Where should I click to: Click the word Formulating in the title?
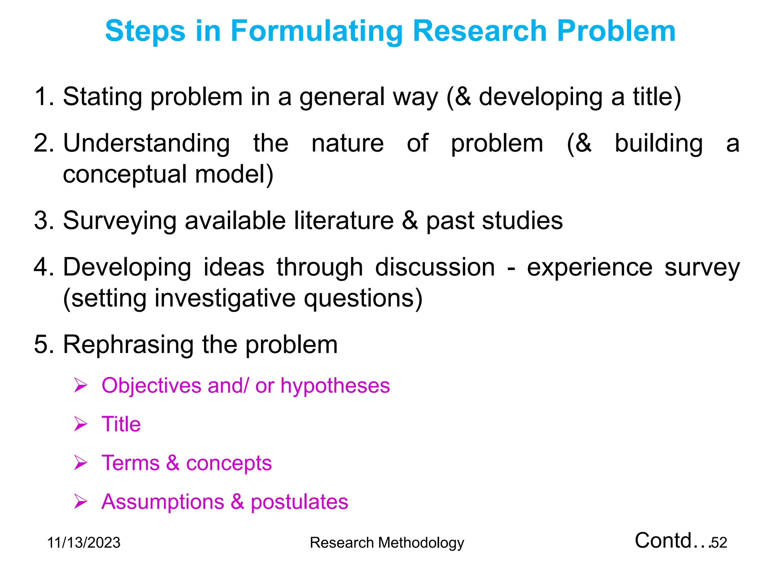coord(317,31)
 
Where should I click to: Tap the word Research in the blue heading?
coord(480,31)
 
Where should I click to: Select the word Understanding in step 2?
coord(146,144)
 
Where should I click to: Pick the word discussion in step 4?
coord(435,267)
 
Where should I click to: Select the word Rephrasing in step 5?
coord(128,345)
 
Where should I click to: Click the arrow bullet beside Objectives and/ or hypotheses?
coord(80,385)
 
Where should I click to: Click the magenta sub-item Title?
coord(121,424)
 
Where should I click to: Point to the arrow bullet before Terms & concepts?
coord(80,463)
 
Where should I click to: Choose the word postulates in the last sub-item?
coord(299,502)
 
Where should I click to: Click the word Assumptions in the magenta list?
coord(163,502)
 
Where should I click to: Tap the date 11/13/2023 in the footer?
coord(84,543)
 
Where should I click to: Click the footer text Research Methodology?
coord(387,543)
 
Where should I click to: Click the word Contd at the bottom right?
coord(663,541)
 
